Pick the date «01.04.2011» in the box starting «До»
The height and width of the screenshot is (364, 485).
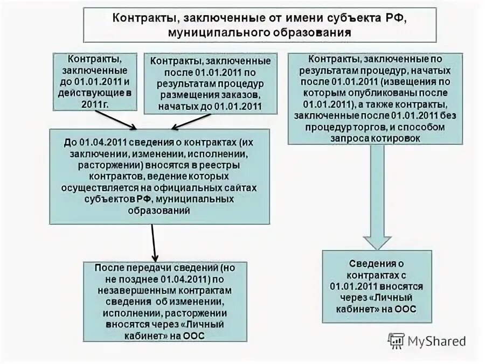[102, 142]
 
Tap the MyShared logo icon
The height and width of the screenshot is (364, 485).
[397, 340]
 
